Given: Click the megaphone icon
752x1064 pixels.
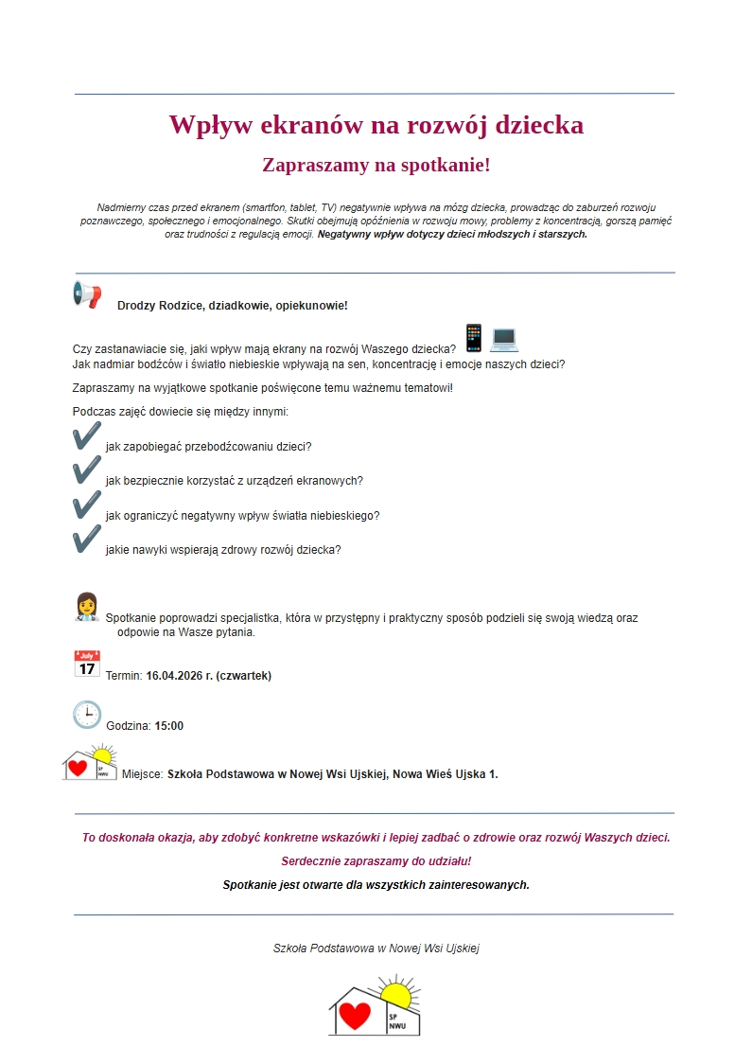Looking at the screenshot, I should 86,294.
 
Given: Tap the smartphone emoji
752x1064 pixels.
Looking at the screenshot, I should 474,338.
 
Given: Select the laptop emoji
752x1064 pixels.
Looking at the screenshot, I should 504,339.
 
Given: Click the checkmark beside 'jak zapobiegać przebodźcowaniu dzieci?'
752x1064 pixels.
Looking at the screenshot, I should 87,436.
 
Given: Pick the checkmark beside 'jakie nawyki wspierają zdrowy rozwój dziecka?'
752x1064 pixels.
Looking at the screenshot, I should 87,540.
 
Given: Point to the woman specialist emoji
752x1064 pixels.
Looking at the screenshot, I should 86,607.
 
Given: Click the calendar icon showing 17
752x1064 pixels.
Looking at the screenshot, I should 87,664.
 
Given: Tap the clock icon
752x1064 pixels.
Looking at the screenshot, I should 87,715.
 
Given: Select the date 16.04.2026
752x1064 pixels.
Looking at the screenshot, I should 175,676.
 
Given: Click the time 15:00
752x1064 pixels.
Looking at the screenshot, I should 169,726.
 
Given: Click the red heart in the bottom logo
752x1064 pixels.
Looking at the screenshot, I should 355,1016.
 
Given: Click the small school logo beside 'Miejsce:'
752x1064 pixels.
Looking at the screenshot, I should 91,763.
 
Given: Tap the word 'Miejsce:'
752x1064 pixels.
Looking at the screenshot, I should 143,774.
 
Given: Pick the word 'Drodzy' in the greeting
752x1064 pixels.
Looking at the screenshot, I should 137,306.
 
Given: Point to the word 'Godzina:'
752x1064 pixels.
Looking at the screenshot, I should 129,726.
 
